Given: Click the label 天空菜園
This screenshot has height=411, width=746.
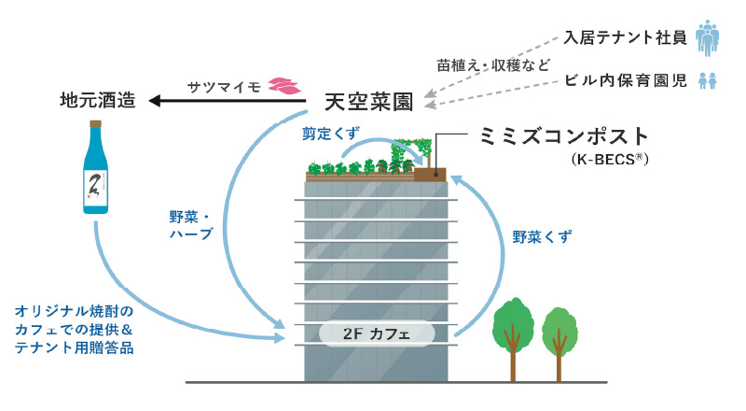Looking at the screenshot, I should (368, 99).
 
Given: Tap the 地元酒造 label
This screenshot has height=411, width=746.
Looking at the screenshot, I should (98, 99).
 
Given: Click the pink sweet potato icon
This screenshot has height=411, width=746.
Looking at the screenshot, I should (283, 84).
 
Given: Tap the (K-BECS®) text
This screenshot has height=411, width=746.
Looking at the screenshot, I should (607, 160).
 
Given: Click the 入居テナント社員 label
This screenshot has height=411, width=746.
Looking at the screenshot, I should (626, 38).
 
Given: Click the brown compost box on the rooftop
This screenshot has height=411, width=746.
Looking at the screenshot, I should (431, 174).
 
